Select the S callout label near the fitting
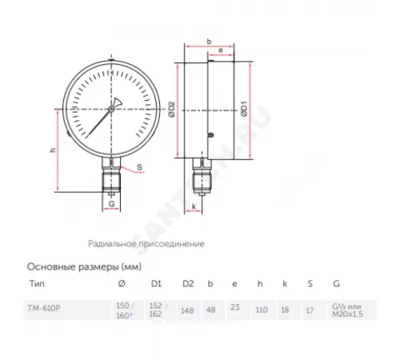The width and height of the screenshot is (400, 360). click(x=139, y=168)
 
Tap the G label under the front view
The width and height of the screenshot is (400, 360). click(x=112, y=205)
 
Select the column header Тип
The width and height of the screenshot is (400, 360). click(x=37, y=284)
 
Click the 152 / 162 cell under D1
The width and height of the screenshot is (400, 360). click(x=157, y=310)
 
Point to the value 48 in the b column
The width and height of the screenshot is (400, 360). click(x=210, y=310)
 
